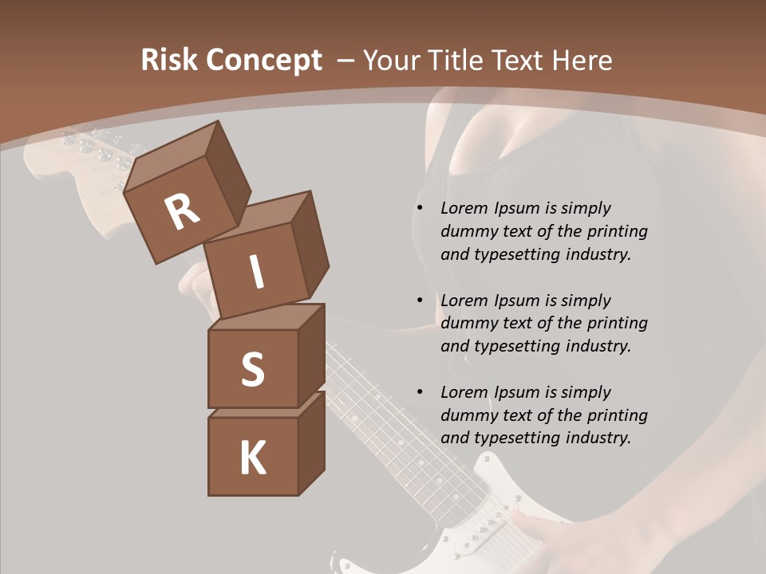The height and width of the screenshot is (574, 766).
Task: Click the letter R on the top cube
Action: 182,213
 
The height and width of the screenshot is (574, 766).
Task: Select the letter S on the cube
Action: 252,370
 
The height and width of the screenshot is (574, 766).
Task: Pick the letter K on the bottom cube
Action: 252,458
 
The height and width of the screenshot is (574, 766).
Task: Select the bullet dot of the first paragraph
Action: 420,209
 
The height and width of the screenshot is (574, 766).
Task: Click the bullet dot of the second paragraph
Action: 420,301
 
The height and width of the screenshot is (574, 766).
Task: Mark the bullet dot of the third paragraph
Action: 420,393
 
